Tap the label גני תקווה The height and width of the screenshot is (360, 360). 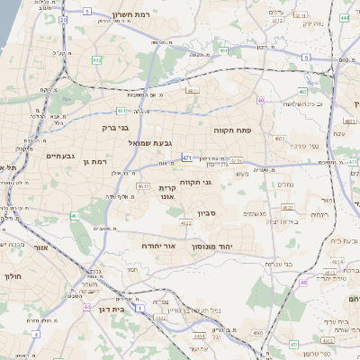195,182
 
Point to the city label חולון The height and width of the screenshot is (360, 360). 13,277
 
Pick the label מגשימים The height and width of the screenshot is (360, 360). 255,213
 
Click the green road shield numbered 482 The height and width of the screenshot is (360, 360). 96,59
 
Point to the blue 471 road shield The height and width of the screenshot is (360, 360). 186,157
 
